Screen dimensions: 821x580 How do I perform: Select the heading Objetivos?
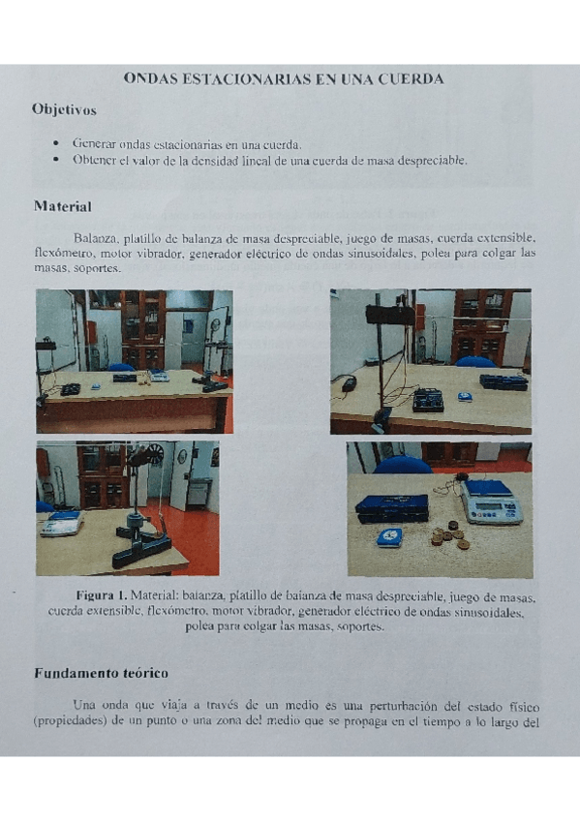point(64,110)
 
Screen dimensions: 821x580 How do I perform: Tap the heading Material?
point(62,206)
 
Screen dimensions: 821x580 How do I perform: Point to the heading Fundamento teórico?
point(101,672)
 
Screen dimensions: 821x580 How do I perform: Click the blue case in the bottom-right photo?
point(391,507)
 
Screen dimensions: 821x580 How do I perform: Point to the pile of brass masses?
point(448,534)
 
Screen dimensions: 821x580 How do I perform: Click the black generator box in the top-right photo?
point(427,399)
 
